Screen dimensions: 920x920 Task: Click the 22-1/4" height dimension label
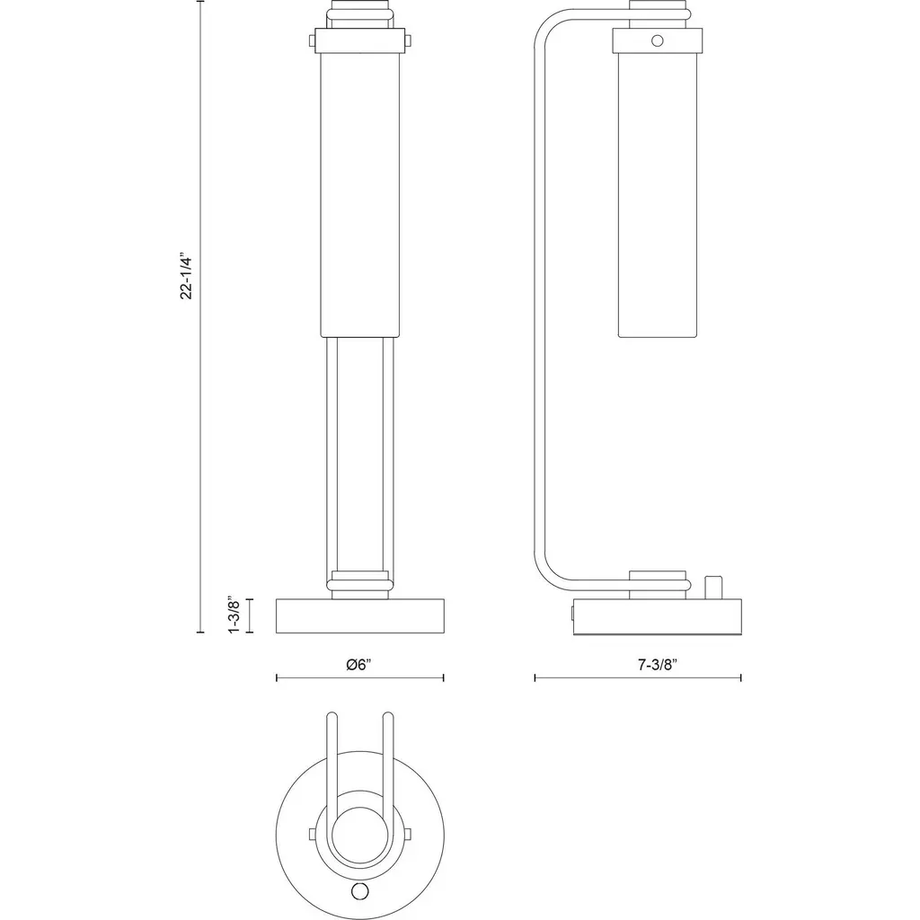coord(187,277)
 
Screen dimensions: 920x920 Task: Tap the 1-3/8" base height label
coord(234,615)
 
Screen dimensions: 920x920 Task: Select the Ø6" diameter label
coord(359,665)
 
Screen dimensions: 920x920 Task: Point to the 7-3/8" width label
coord(658,665)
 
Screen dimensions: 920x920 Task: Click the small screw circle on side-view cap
coord(657,40)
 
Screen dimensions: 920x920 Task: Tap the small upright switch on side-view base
coord(712,588)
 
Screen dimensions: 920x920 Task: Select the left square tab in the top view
coord(313,833)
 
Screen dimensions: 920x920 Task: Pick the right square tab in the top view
coord(407,833)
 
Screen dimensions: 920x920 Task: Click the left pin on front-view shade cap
coord(313,40)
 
